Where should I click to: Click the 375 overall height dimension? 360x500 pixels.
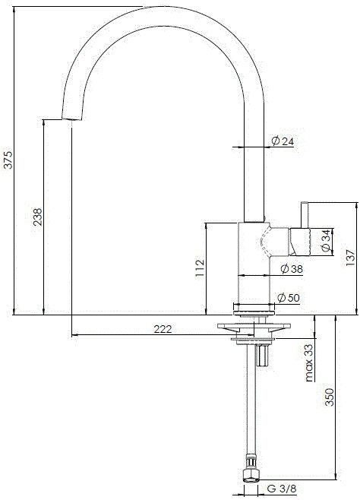(8, 160)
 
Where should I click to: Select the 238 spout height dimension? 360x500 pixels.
(38, 217)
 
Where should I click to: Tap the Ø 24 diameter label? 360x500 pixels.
(283, 141)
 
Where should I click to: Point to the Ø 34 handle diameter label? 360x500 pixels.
(325, 240)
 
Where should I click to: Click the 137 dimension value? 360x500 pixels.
(349, 258)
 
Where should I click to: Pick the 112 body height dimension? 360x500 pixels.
(200, 268)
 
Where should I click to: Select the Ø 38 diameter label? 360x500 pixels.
(291, 269)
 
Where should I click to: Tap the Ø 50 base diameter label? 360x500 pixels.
(291, 298)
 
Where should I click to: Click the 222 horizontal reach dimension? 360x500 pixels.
(162, 329)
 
